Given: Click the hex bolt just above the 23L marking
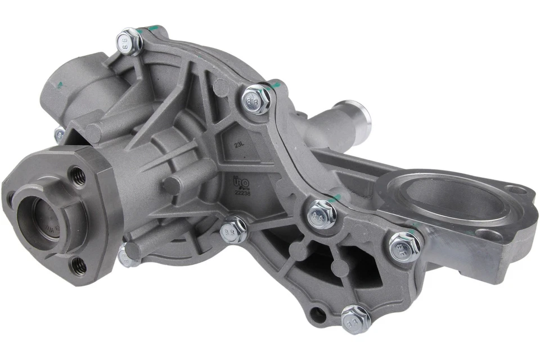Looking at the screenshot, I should coord(258,99).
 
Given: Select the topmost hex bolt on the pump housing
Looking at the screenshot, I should coord(129,41).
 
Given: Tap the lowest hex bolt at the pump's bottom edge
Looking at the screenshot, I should coord(355,319).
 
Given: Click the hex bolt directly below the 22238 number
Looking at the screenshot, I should coord(233,229).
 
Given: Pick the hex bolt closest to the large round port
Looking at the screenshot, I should coord(404,246).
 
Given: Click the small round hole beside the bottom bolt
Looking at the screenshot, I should coord(319,313).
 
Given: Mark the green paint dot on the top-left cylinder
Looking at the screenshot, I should coord(58,84).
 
